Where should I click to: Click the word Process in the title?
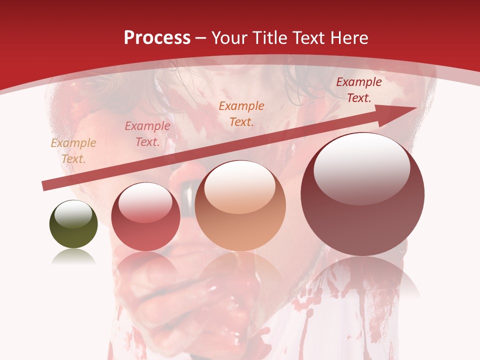[x=157, y=38]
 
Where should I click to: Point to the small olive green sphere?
[x=73, y=224]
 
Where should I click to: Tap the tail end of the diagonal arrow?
[x=45, y=186]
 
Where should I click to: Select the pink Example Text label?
[x=147, y=134]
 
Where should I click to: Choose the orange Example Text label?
[x=241, y=113]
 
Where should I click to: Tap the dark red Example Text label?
[x=359, y=89]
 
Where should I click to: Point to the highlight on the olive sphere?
[x=73, y=214]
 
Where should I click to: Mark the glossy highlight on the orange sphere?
[x=240, y=187]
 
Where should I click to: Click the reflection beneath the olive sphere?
[x=73, y=257]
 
